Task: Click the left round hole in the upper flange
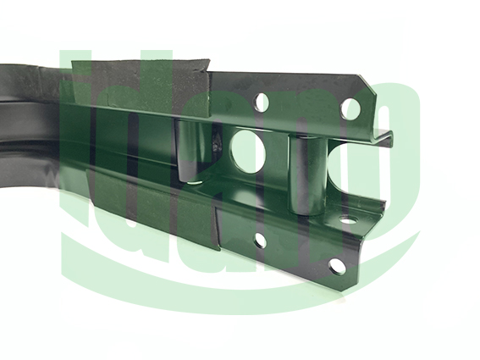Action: [x=262, y=102]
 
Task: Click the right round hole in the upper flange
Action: [x=350, y=109]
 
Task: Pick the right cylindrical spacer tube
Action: [x=307, y=175]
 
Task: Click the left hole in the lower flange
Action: [x=260, y=241]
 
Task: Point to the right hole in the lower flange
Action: [x=337, y=265]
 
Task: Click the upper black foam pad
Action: [x=141, y=86]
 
